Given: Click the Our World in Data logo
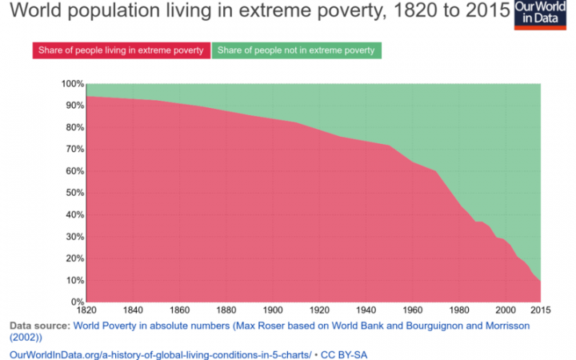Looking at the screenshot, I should pyautogui.click(x=544, y=15).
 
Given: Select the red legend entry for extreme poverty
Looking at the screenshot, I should pyautogui.click(x=122, y=50).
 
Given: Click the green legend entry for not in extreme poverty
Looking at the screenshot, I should pyautogui.click(x=296, y=50).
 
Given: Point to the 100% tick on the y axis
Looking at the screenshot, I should pyautogui.click(x=72, y=84).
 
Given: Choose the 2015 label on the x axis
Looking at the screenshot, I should pyautogui.click(x=541, y=310).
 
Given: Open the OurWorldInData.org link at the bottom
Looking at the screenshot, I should pyautogui.click(x=160, y=353).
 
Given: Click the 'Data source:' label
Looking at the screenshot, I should pyautogui.click(x=39, y=326).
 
